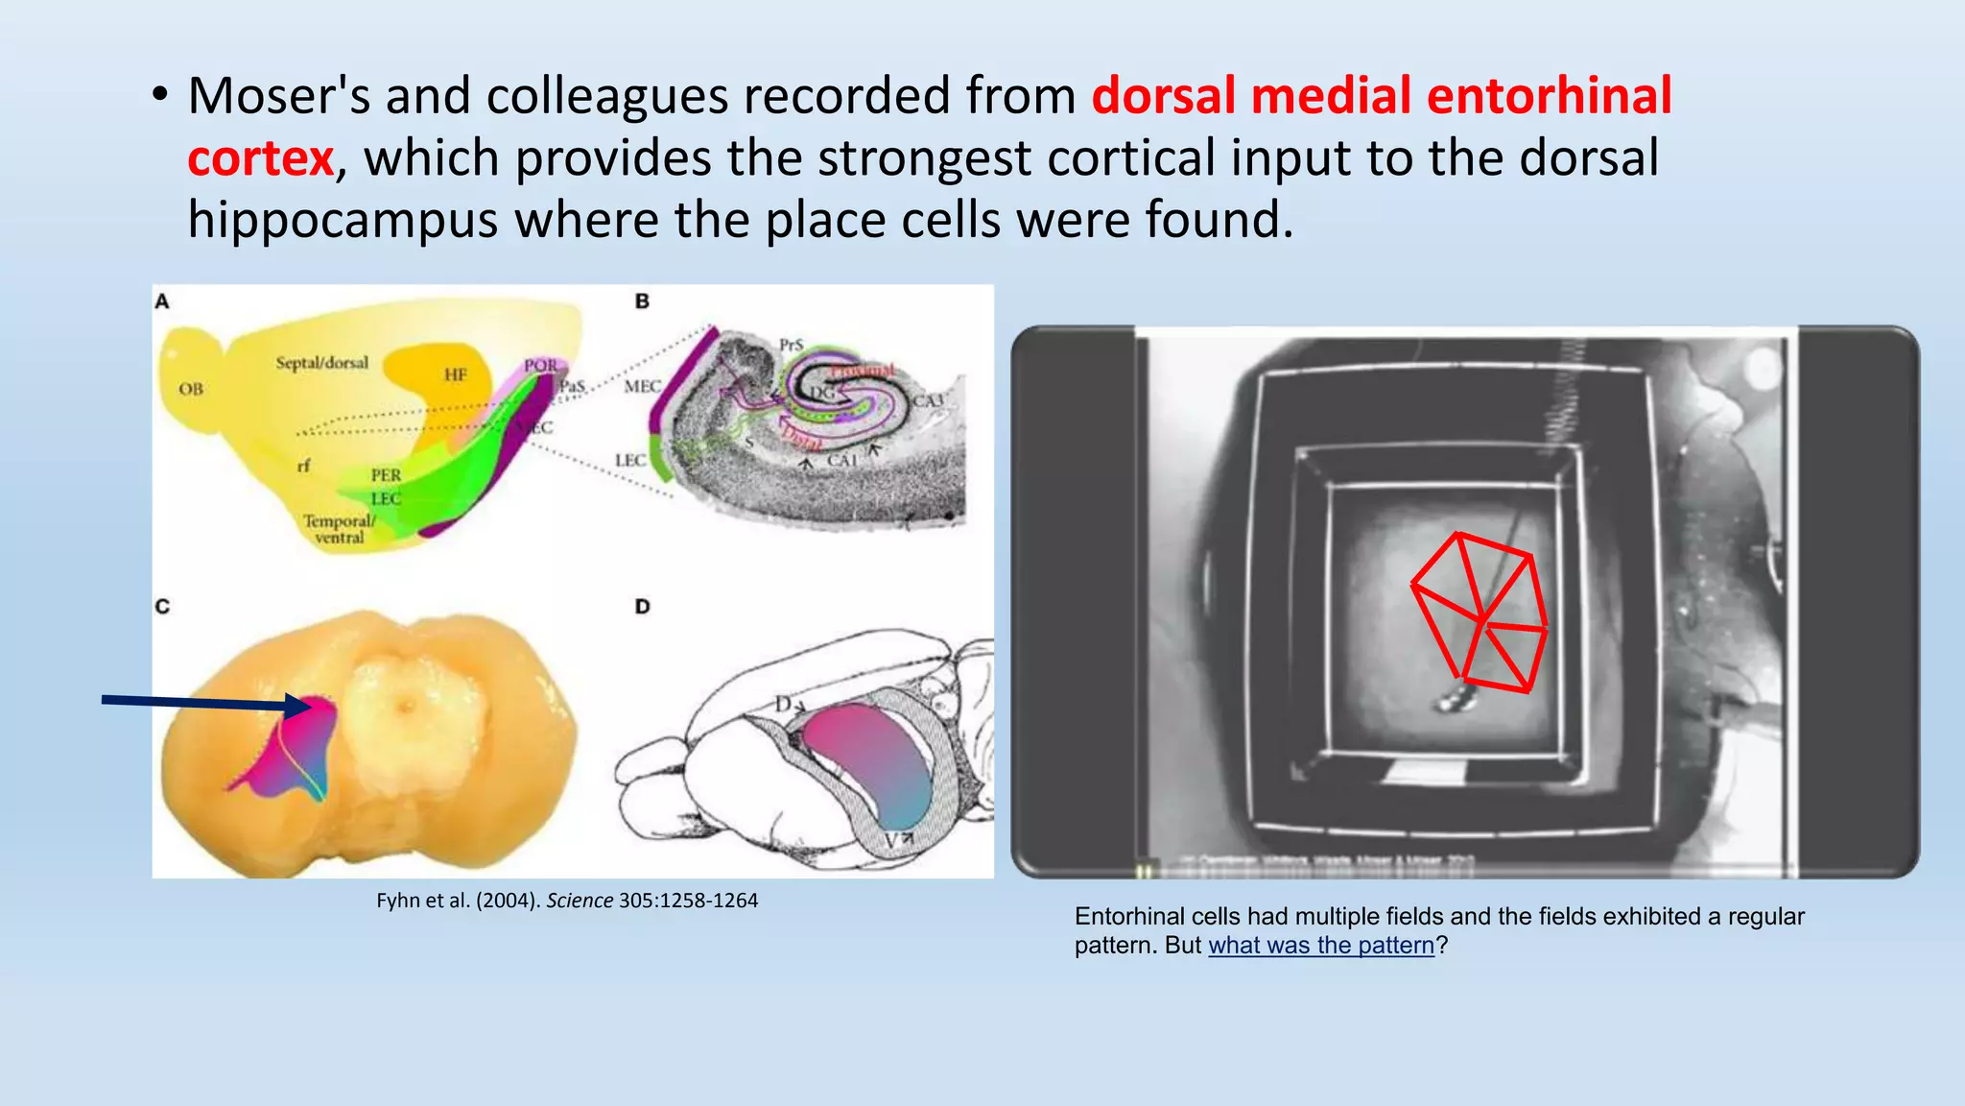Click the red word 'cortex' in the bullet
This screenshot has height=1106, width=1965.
click(260, 158)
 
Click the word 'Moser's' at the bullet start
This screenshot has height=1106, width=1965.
click(278, 96)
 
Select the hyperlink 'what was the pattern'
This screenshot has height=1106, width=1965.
click(1321, 946)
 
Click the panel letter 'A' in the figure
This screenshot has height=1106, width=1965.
click(162, 301)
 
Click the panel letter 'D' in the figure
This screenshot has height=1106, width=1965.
click(642, 607)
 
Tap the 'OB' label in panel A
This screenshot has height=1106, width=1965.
click(191, 389)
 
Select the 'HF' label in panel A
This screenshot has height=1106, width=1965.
click(455, 374)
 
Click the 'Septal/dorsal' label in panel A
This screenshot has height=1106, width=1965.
click(321, 363)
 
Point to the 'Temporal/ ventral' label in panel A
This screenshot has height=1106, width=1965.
click(339, 529)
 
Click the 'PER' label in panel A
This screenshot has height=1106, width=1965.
click(386, 475)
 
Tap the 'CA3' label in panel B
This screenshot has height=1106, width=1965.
click(928, 400)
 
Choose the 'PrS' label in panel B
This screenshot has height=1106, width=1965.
click(791, 345)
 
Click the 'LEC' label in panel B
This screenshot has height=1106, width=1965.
click(629, 461)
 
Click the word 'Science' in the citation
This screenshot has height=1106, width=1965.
click(580, 901)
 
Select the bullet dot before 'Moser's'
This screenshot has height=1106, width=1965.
click(160, 96)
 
